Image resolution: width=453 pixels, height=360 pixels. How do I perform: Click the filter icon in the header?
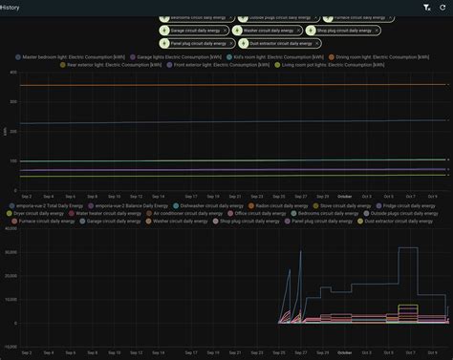[426, 7]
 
